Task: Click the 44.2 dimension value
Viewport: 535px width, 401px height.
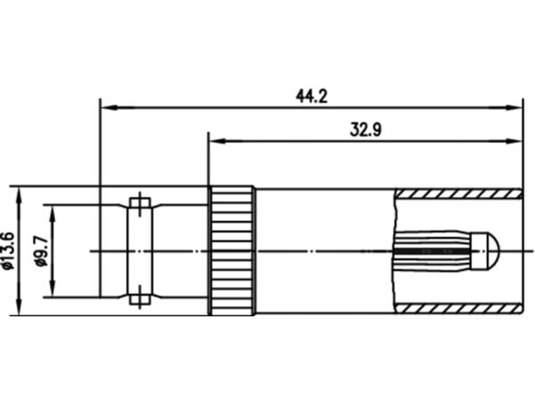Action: click(x=311, y=96)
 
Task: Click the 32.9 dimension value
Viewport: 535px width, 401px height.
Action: click(x=366, y=129)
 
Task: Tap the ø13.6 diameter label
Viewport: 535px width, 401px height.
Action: click(x=8, y=251)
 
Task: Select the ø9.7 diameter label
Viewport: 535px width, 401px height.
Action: click(x=42, y=251)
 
